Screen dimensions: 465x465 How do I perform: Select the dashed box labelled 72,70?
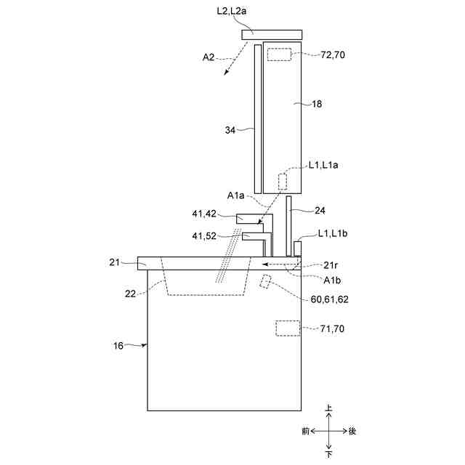279,54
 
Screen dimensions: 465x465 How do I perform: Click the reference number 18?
317,105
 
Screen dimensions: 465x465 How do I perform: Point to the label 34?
231,131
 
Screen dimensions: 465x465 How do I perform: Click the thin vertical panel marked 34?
258,116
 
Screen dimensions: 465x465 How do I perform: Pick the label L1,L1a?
324,165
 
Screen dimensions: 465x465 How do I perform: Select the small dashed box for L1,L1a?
283,181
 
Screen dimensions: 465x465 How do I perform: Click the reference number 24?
320,211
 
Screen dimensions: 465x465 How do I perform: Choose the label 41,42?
205,214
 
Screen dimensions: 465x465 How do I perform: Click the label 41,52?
205,235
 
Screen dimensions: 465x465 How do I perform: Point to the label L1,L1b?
333,235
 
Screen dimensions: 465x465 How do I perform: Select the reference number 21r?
332,264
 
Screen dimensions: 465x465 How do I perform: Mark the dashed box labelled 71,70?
288,328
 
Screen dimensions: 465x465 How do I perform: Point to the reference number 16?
118,346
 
